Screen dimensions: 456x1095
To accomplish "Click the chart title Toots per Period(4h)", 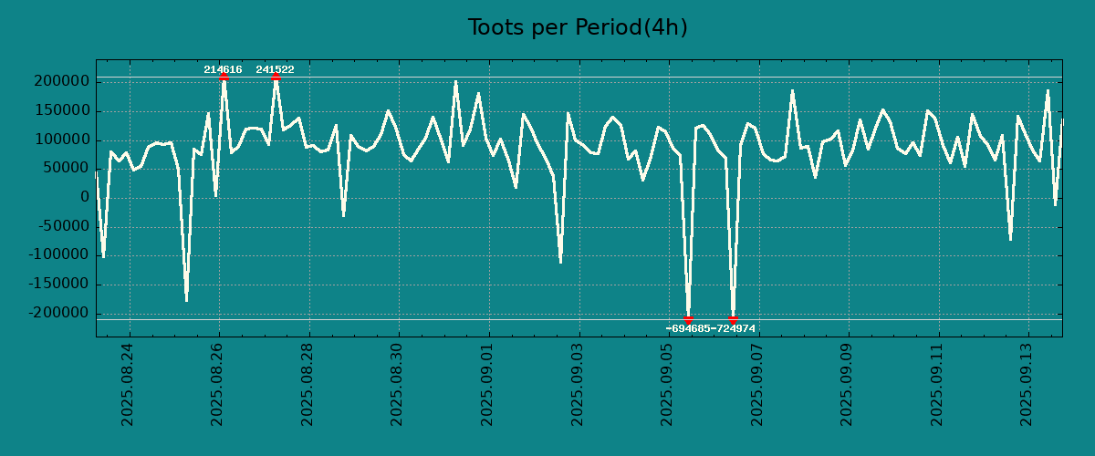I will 577,27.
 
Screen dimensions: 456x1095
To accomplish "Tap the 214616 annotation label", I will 223,69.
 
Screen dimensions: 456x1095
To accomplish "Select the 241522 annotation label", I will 275,69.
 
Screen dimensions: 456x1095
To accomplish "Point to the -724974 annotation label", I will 734,328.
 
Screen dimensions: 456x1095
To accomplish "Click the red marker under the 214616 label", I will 224,78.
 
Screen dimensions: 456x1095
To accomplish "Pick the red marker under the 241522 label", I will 276,78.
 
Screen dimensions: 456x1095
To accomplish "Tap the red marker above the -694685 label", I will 689,319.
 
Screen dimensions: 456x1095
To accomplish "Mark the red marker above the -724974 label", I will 733,319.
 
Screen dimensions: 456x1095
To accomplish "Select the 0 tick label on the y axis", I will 84,198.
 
